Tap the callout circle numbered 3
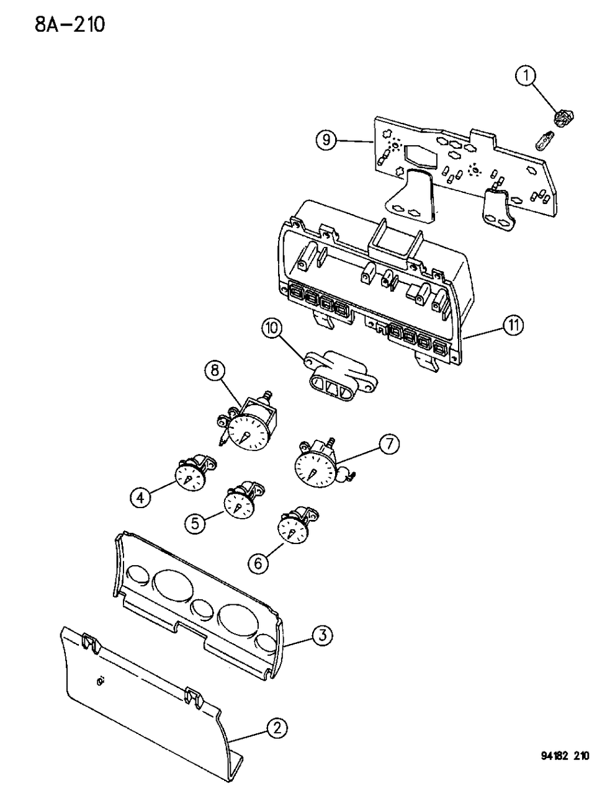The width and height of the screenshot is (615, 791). [321, 634]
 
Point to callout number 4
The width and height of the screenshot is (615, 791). [140, 497]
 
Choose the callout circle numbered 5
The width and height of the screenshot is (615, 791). [194, 523]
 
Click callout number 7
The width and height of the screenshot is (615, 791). [388, 445]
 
